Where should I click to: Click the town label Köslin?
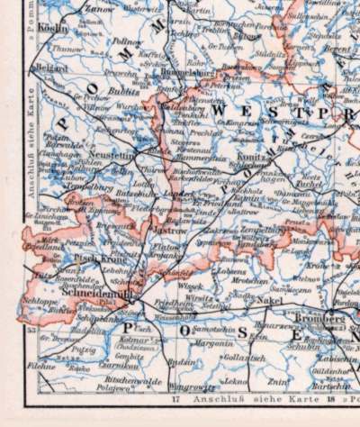point(49,28)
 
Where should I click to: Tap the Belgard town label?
point(53,67)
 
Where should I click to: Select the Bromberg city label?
point(320,318)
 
